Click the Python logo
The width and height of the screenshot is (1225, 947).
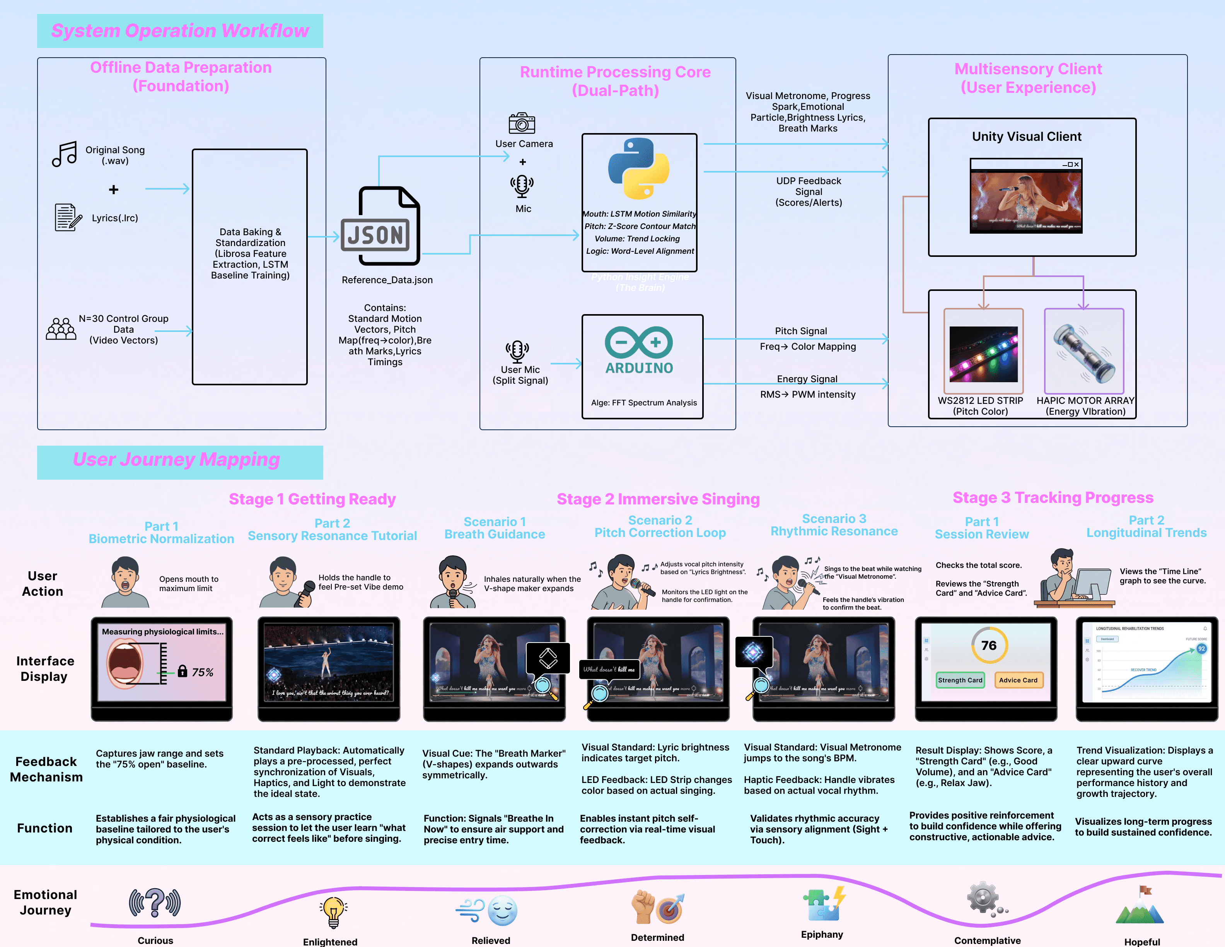(639, 168)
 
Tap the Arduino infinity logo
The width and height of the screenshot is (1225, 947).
(639, 342)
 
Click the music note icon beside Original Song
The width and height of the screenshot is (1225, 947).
(65, 154)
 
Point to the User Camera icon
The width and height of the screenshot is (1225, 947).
(522, 123)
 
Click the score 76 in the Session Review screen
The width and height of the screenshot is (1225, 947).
(989, 645)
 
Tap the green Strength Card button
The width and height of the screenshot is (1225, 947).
(960, 680)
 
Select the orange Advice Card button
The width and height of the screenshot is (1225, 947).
(1018, 680)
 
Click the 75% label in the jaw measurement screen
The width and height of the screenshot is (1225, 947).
(203, 672)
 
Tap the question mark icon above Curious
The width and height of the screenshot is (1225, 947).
(155, 903)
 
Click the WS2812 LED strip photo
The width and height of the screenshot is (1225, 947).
(983, 354)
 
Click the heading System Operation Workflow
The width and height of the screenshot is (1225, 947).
(180, 30)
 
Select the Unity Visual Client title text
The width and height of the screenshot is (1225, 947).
(1027, 136)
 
